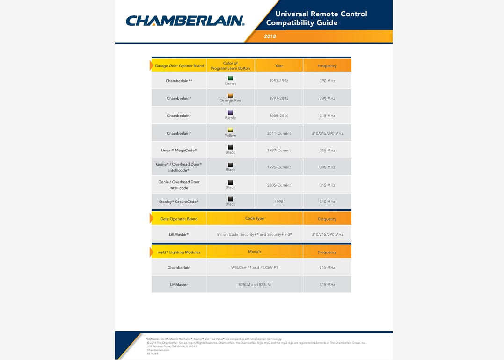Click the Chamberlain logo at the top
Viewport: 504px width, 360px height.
pyautogui.click(x=185, y=21)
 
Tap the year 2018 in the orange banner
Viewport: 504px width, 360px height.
pyautogui.click(x=270, y=36)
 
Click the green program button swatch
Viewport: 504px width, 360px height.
pyautogui.click(x=230, y=78)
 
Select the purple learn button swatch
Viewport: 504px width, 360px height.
pyautogui.click(x=230, y=113)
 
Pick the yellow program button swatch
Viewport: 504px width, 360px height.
pyautogui.click(x=230, y=130)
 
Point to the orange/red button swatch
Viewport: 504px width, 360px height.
pyautogui.click(x=230, y=95)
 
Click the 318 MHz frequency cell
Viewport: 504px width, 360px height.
pyautogui.click(x=327, y=150)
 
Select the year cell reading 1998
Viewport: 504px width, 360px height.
pyautogui.click(x=279, y=202)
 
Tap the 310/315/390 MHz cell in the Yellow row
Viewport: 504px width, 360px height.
pyautogui.click(x=327, y=133)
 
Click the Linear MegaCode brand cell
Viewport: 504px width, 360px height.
pyautogui.click(x=179, y=150)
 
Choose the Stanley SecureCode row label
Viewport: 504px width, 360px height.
pyautogui.click(x=179, y=202)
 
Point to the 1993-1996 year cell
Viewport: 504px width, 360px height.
pyautogui.click(x=279, y=81)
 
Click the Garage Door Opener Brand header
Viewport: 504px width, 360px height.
pyautogui.click(x=179, y=66)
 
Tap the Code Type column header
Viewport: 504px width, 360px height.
pyautogui.click(x=255, y=218)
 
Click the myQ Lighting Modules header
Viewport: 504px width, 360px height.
pyautogui.click(x=179, y=252)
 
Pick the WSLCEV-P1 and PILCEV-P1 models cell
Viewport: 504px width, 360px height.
pyautogui.click(x=255, y=268)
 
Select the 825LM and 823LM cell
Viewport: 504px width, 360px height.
pyautogui.click(x=255, y=285)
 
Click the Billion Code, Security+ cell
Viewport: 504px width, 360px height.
pyautogui.click(x=255, y=234)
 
